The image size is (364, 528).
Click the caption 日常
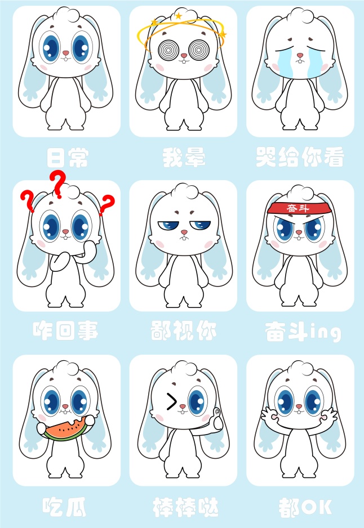(x=68, y=158)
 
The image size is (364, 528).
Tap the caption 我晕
(x=184, y=157)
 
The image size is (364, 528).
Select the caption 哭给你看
(x=300, y=156)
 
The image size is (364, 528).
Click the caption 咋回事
(x=66, y=330)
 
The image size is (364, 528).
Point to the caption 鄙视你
(x=183, y=330)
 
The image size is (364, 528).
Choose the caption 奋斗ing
(x=303, y=332)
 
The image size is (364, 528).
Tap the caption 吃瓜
(x=64, y=507)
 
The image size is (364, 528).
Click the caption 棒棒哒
(x=185, y=507)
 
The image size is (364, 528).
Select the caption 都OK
(x=305, y=507)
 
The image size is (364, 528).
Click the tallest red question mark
(x=57, y=184)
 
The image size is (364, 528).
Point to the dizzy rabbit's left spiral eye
(x=168, y=50)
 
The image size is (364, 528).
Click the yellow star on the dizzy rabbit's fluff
(x=178, y=16)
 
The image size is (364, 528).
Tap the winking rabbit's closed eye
(x=171, y=401)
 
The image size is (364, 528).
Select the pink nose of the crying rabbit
(x=300, y=55)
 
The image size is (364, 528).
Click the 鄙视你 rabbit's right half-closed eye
(x=200, y=224)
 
